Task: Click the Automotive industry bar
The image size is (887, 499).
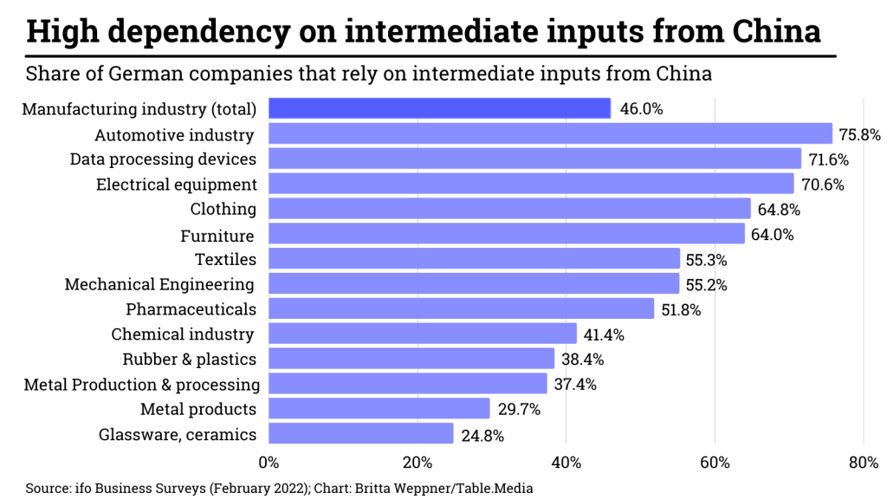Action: pyautogui.click(x=550, y=133)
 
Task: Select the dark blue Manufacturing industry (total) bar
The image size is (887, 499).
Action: pyautogui.click(x=439, y=108)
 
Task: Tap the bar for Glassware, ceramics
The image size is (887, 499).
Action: pyautogui.click(x=360, y=434)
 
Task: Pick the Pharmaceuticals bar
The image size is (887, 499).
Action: pyautogui.click(x=461, y=309)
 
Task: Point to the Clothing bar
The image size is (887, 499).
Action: pyautogui.click(x=509, y=209)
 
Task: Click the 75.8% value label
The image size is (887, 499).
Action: pyautogui.click(x=859, y=134)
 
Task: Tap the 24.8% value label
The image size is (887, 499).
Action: pyautogui.click(x=483, y=435)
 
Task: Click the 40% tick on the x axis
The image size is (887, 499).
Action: pyautogui.click(x=566, y=462)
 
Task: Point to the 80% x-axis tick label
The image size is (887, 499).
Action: pyautogui.click(x=864, y=462)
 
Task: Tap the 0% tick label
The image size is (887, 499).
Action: pyautogui.click(x=269, y=462)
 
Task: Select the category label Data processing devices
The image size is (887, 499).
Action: pyautogui.click(x=163, y=159)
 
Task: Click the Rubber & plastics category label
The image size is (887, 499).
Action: pyautogui.click(x=189, y=359)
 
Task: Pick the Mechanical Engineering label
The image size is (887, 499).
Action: pyautogui.click(x=159, y=284)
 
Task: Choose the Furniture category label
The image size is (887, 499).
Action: pyautogui.click(x=217, y=236)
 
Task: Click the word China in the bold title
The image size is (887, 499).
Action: pyautogui.click(x=775, y=31)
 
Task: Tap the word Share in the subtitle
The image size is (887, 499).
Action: pyautogui.click(x=51, y=73)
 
